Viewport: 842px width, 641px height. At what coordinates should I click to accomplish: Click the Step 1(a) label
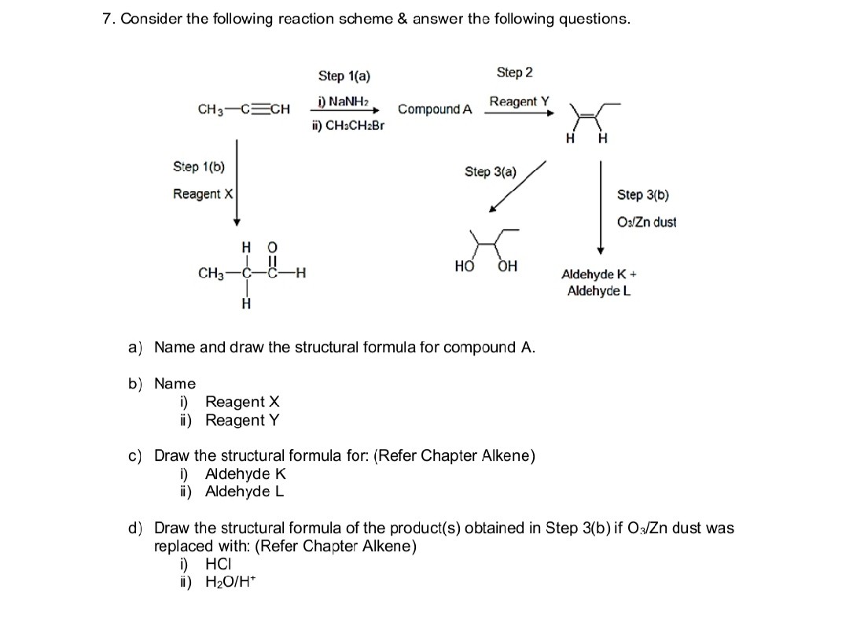tap(344, 76)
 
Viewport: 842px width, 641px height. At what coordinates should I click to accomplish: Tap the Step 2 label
tap(514, 72)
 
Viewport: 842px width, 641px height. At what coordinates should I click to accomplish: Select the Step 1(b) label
tap(198, 167)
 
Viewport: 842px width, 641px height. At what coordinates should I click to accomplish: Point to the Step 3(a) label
tap(491, 171)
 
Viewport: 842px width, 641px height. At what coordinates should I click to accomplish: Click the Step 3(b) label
tap(642, 194)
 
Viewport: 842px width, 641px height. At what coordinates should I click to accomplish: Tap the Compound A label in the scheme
tap(435, 109)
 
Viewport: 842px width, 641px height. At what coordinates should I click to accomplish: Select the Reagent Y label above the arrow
tap(519, 101)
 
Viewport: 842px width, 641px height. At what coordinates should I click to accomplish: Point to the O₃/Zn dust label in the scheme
tap(647, 222)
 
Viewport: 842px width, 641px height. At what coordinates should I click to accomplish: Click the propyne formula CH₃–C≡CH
tap(245, 109)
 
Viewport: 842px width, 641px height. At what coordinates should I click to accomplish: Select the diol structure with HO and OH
tap(487, 249)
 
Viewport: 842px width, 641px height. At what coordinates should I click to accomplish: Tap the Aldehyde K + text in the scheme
tap(598, 275)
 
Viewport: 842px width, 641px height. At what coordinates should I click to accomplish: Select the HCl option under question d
tap(219, 564)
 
